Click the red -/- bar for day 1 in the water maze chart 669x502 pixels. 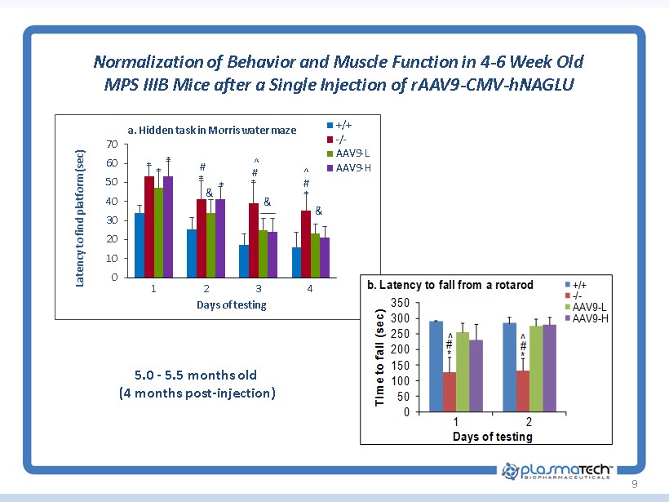pyautogui.click(x=149, y=227)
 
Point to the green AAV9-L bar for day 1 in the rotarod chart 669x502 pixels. pyautogui.click(x=463, y=372)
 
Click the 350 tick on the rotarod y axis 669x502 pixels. pyautogui.click(x=400, y=303)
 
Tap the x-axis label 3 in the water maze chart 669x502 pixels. pyautogui.click(x=259, y=289)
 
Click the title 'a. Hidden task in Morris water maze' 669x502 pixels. pyautogui.click(x=210, y=130)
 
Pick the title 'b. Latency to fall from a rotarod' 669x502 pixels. pyautogui.click(x=450, y=285)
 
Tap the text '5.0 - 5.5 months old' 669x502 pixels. pyautogui.click(x=196, y=375)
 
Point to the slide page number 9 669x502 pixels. pyautogui.click(x=634, y=486)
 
